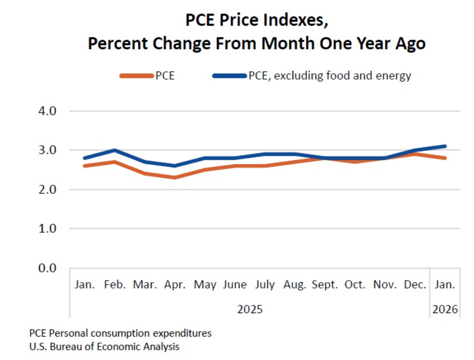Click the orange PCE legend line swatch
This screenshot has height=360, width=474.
click(137, 76)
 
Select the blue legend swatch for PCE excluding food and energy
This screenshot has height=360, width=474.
click(230, 76)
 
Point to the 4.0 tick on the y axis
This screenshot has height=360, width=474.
click(47, 111)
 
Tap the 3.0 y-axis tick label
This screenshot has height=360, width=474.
click(47, 150)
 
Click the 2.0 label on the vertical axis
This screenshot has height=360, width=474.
click(47, 190)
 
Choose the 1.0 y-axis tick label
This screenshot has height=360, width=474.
click(47, 228)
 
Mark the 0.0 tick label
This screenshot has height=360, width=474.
click(47, 268)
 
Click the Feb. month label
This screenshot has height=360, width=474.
click(115, 285)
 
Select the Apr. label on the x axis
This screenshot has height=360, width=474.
click(175, 285)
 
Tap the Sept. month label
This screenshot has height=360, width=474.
click(325, 285)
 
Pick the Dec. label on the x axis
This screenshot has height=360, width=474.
click(415, 285)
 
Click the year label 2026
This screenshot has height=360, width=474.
click(445, 309)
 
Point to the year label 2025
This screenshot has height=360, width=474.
click(250, 309)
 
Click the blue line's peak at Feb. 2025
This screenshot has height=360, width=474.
click(115, 150)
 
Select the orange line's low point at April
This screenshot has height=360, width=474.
click(175, 177)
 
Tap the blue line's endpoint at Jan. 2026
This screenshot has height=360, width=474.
click(444, 146)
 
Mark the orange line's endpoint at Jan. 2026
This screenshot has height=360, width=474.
click(444, 158)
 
